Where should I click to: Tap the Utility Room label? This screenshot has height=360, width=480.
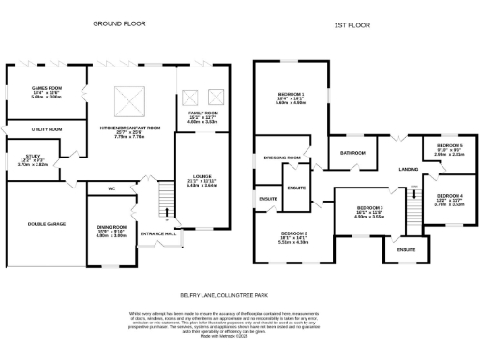45,128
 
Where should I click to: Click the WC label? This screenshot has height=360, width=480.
112,188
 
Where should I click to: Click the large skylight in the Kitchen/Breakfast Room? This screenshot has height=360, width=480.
126,98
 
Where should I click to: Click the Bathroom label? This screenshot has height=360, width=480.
352,152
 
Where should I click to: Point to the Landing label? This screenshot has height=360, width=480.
408,169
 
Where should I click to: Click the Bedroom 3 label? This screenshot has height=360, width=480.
369,208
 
